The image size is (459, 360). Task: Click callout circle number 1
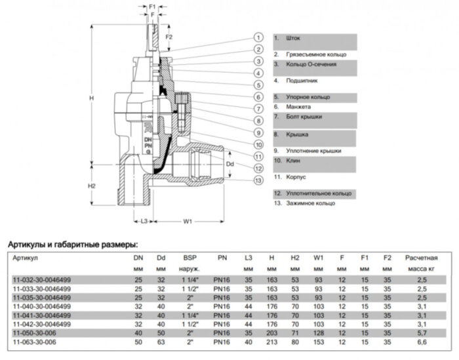point(258,37)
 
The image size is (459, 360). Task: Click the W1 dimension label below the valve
point(188,222)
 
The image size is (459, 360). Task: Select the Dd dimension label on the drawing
point(229,163)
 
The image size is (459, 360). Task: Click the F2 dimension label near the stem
point(169,37)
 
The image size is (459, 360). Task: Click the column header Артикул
point(26,258)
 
